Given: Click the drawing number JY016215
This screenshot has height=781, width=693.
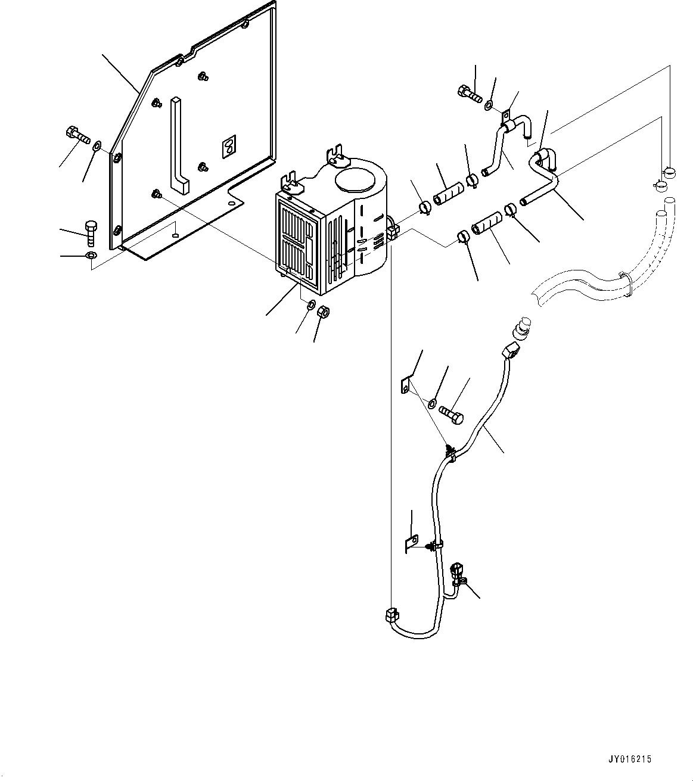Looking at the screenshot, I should click(x=629, y=760).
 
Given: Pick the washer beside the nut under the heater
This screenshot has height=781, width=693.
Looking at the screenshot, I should click(x=310, y=306).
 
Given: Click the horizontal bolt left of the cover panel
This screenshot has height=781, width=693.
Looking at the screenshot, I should click(x=79, y=135).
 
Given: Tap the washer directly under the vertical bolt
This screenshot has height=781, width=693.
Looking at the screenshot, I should click(x=89, y=256).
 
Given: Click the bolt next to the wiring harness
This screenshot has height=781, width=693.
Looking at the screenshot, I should click(x=452, y=413).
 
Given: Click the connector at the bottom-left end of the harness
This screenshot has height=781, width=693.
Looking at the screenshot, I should click(x=391, y=615).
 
